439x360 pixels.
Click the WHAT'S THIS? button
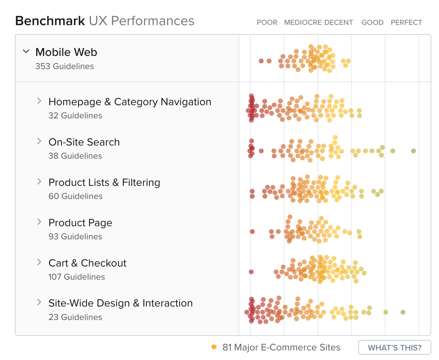tap(394, 347)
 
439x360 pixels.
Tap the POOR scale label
tap(267, 22)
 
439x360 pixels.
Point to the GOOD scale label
tap(372, 22)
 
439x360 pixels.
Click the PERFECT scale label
tap(406, 22)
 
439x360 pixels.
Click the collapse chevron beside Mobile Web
tap(26, 51)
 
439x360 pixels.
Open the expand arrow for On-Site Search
tap(39, 141)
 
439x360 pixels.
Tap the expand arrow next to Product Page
tap(39, 222)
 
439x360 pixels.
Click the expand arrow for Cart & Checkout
tap(39, 262)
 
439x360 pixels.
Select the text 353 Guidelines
tap(64, 66)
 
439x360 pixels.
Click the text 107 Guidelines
tap(76, 277)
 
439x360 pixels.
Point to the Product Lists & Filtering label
tap(104, 182)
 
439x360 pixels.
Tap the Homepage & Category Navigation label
tap(130, 102)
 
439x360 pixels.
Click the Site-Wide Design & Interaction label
tap(120, 303)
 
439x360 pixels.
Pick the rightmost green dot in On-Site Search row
tap(414, 151)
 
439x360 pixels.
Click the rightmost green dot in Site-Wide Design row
tap(403, 312)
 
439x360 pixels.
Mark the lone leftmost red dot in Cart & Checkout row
tap(251, 272)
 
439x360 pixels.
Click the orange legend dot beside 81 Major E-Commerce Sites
tap(214, 347)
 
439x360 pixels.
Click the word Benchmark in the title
tap(50, 21)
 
